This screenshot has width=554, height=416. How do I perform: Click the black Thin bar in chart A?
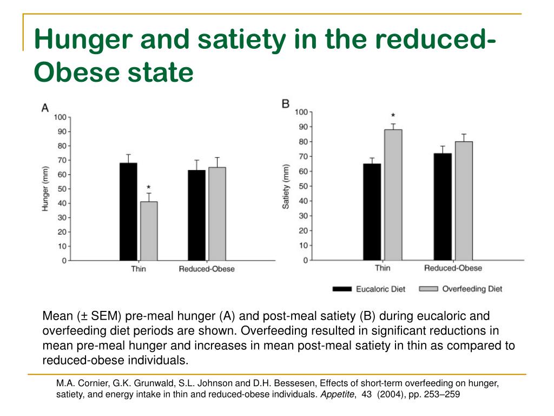128,212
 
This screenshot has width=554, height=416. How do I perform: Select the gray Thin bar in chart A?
149,231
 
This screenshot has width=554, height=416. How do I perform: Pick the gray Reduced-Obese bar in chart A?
217,214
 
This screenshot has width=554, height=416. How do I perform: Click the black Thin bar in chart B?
372,212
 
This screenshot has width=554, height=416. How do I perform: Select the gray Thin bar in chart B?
393,195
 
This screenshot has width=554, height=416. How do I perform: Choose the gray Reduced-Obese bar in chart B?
464,201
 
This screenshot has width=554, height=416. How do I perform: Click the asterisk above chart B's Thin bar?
393,115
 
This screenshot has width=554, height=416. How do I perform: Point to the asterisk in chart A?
149,187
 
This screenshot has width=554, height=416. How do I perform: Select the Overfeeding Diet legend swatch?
428,289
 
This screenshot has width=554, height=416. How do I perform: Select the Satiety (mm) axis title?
285,186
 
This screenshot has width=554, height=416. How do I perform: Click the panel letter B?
286,103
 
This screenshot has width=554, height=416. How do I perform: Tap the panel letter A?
45,108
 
